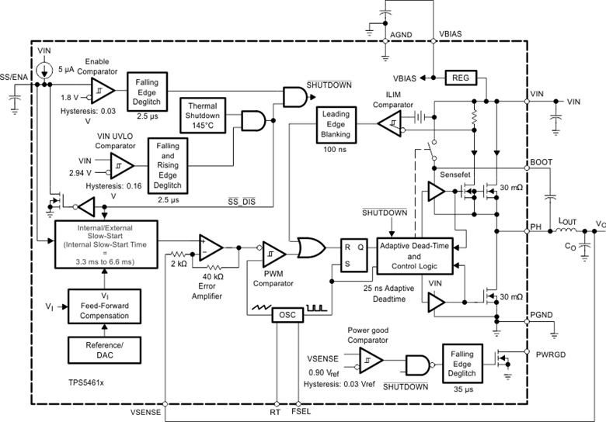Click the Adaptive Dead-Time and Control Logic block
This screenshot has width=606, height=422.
pyautogui.click(x=414, y=255)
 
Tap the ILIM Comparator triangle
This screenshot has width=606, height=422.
pyautogui.click(x=390, y=122)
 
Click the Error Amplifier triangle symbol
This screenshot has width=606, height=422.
pyautogui.click(x=210, y=247)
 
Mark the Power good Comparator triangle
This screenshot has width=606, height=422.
pyautogui.click(x=371, y=359)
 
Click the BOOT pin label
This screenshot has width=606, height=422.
pyautogui.click(x=541, y=161)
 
